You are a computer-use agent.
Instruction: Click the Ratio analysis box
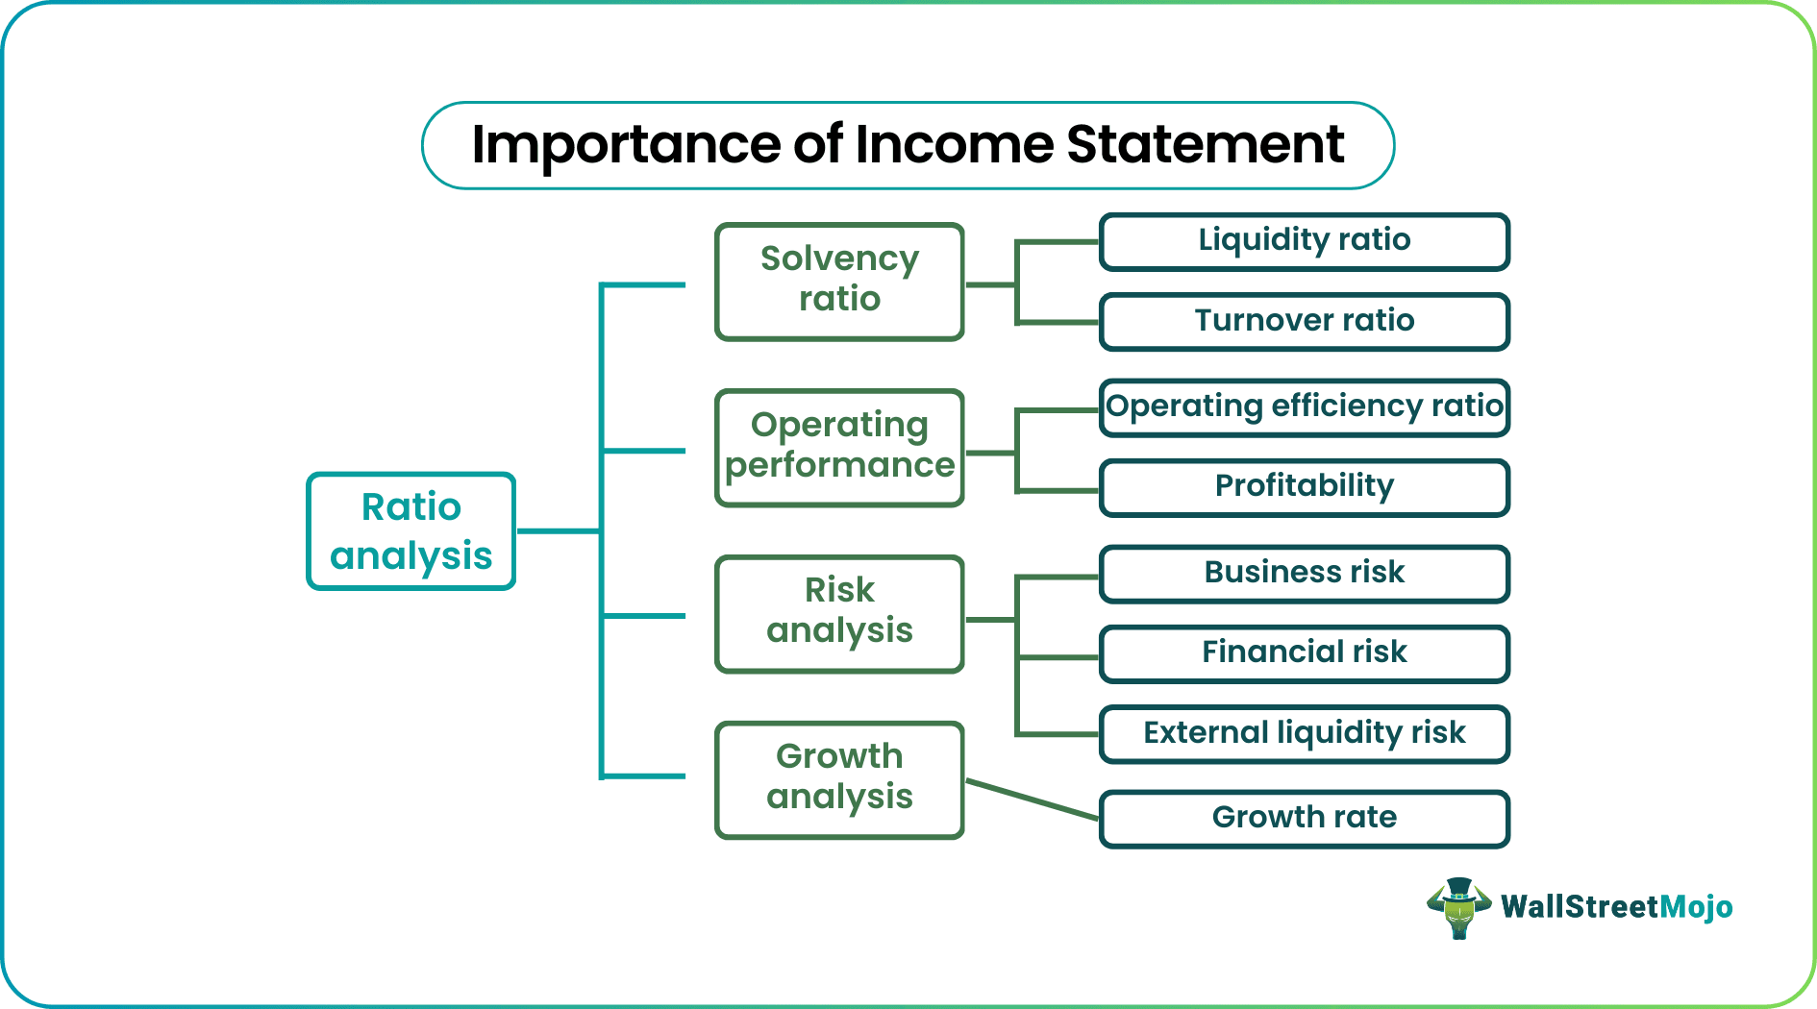click(x=411, y=531)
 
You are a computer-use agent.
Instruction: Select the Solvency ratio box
click(x=839, y=282)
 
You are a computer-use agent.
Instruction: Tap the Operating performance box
click(x=839, y=447)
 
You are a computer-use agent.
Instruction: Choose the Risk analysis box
click(x=839, y=613)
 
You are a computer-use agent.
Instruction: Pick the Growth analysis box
click(x=839, y=779)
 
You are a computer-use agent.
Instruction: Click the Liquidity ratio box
click(x=1304, y=241)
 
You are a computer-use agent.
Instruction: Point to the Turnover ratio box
click(x=1304, y=322)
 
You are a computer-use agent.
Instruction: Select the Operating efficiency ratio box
click(x=1304, y=407)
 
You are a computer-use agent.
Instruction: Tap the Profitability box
click(x=1304, y=487)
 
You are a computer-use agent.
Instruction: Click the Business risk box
click(x=1304, y=574)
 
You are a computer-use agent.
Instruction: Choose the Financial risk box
click(x=1304, y=653)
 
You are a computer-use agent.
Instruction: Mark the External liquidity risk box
click(x=1304, y=734)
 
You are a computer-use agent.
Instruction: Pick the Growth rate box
click(x=1304, y=819)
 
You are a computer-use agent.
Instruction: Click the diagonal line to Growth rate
click(x=1033, y=800)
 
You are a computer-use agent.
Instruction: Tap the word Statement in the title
click(x=1205, y=145)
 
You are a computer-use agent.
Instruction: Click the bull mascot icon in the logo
click(x=1458, y=907)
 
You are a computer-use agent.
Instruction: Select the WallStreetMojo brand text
click(x=1616, y=907)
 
